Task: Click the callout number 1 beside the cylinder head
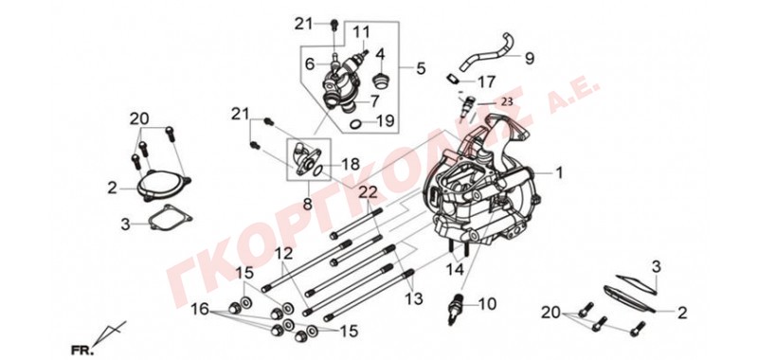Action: pyautogui.click(x=559, y=172)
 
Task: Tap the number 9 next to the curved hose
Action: pyautogui.click(x=530, y=59)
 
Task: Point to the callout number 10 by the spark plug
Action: pyautogui.click(x=487, y=304)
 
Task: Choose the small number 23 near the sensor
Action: pyautogui.click(x=506, y=102)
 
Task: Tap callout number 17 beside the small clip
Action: pyautogui.click(x=486, y=81)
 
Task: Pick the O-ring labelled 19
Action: pyautogui.click(x=354, y=125)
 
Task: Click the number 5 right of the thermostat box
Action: pyautogui.click(x=421, y=68)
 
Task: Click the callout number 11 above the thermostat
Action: pyautogui.click(x=361, y=33)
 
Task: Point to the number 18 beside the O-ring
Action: pyautogui.click(x=351, y=164)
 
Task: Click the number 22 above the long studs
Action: pyautogui.click(x=369, y=193)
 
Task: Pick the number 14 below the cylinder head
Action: pyautogui.click(x=455, y=269)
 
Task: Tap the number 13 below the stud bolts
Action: pyautogui.click(x=413, y=298)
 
